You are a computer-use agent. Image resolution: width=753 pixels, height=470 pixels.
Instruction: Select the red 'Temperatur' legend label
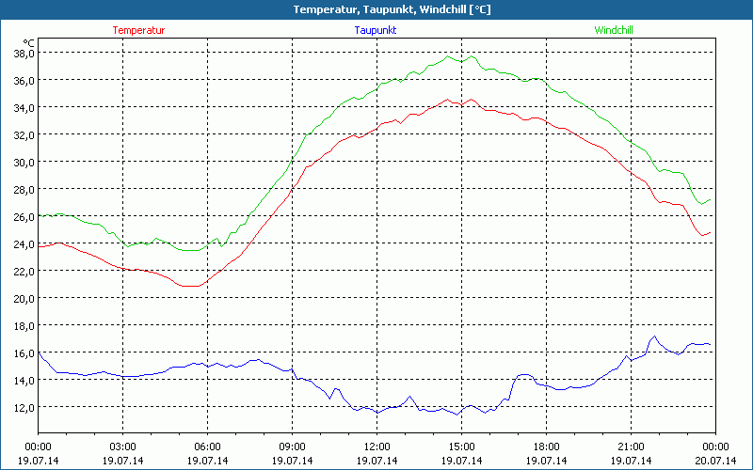(x=138, y=30)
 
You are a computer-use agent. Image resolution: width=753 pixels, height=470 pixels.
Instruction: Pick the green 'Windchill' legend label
(x=613, y=30)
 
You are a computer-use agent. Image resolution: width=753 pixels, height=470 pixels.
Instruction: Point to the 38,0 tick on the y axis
(x=23, y=54)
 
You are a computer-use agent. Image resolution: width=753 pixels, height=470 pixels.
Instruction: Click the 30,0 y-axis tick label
(x=23, y=163)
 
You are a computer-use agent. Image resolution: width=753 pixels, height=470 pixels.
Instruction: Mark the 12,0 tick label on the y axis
(x=23, y=407)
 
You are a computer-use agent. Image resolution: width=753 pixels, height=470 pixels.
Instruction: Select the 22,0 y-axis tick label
(x=23, y=272)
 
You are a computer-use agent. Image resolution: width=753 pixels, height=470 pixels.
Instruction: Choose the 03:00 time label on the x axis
(x=122, y=446)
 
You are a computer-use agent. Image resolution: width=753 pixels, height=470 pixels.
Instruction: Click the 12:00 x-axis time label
(x=376, y=446)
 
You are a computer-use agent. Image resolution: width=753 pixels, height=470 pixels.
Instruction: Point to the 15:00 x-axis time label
(x=461, y=446)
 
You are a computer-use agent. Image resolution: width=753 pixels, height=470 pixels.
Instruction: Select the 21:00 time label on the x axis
(x=631, y=446)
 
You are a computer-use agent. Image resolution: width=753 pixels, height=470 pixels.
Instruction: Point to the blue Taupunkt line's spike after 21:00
(x=654, y=336)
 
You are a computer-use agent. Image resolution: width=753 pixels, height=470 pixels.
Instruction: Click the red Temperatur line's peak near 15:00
(x=470, y=99)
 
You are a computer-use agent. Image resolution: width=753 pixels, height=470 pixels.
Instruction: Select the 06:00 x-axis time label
(x=207, y=446)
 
